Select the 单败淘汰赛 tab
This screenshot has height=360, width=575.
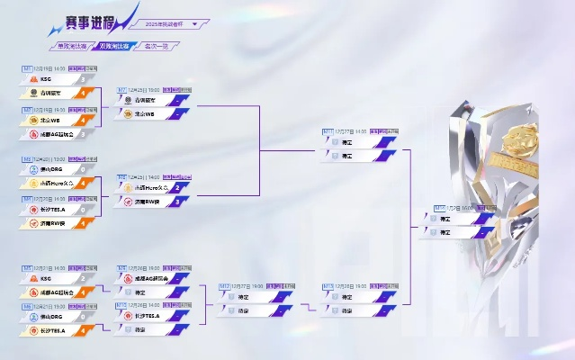click(x=73, y=45)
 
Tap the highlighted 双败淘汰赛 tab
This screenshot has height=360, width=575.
click(x=112, y=45)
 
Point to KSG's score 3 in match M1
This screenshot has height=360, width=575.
click(x=82, y=79)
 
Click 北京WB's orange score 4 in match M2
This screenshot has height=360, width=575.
click(x=82, y=120)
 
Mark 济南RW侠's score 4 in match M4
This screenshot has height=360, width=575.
click(x=82, y=222)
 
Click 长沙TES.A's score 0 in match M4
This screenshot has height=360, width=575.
click(x=82, y=209)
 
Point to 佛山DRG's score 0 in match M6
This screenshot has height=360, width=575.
click(x=82, y=318)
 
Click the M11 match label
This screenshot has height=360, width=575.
click(x=328, y=131)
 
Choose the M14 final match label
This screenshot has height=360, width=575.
click(x=440, y=208)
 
